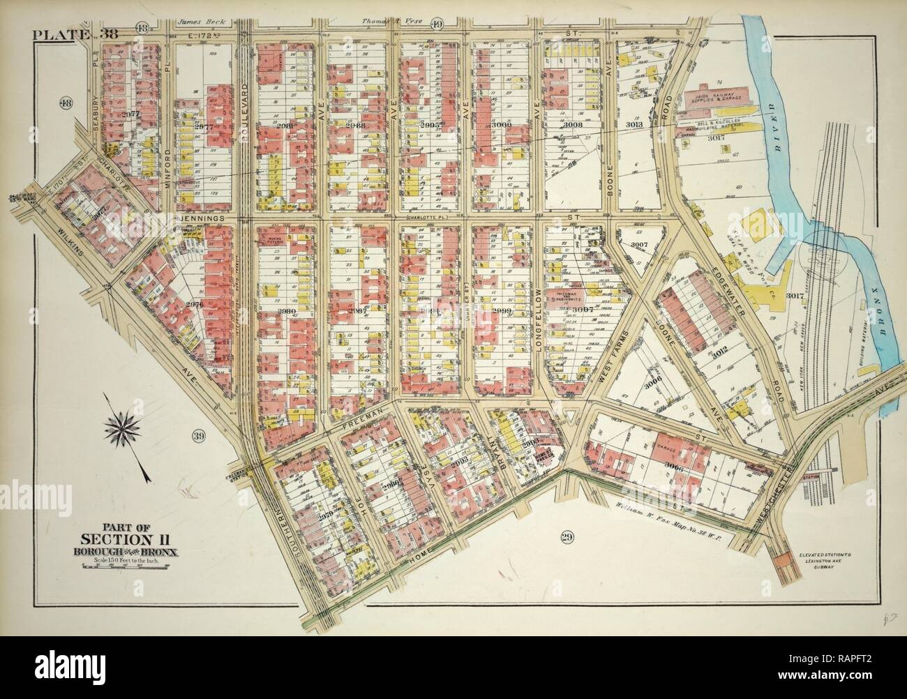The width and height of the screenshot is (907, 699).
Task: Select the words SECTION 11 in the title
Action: pyautogui.click(x=130, y=538)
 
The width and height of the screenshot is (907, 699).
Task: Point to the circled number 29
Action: pyautogui.click(x=566, y=536)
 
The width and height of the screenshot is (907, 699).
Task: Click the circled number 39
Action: pyautogui.click(x=199, y=437)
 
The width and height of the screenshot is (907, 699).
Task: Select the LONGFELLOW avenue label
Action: pyautogui.click(x=539, y=319)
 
